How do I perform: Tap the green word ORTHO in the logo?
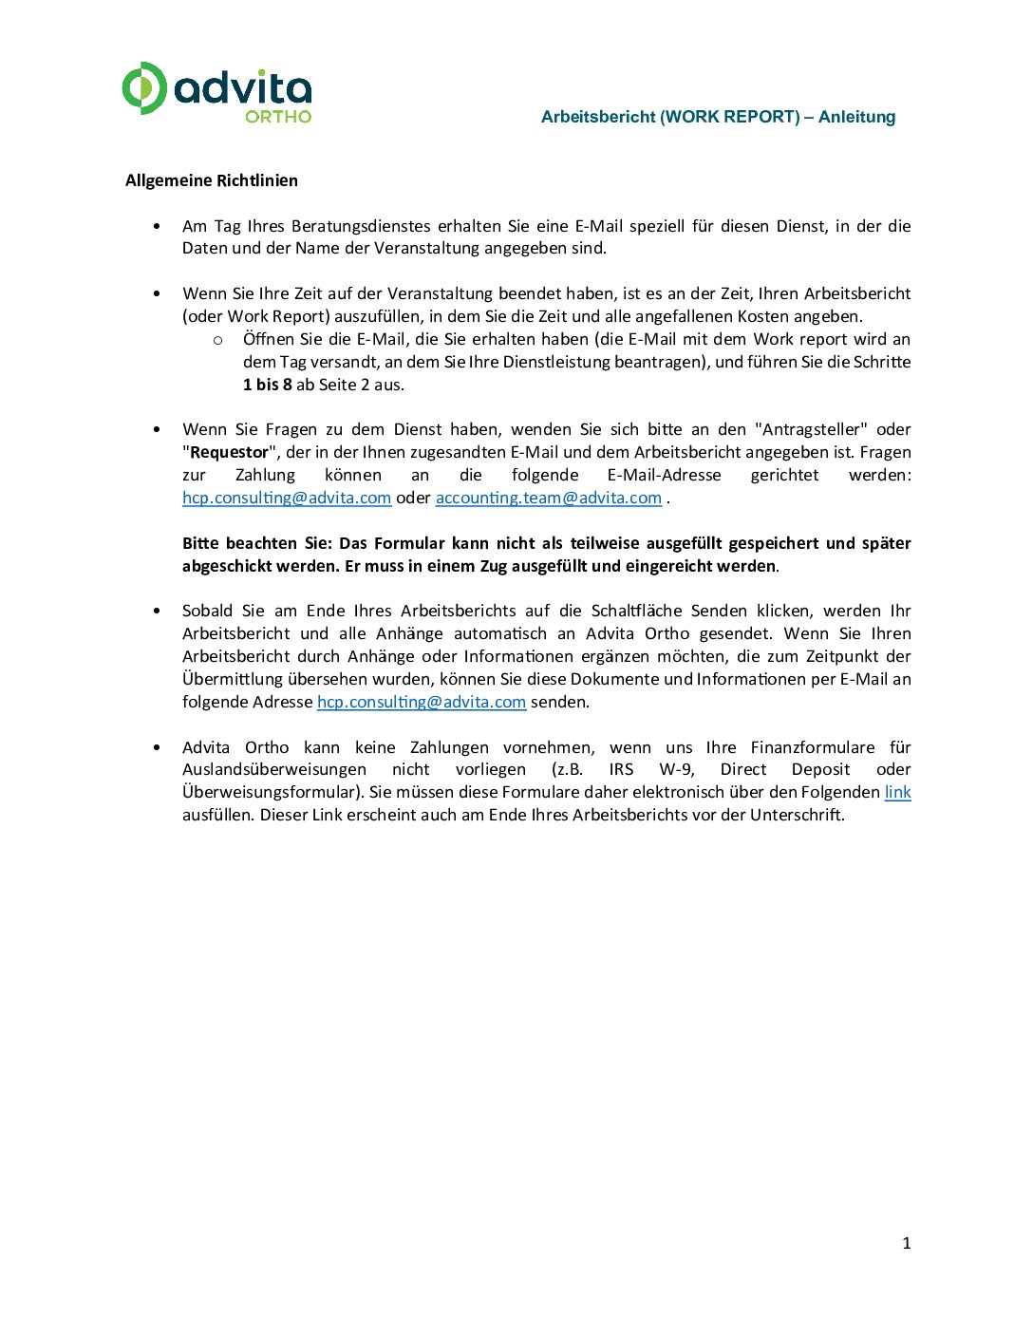point(278,116)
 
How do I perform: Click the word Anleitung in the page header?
point(856,117)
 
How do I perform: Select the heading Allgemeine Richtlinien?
point(212,180)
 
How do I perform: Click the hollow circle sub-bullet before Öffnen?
point(217,340)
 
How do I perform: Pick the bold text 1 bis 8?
point(268,385)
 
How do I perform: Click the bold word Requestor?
point(230,452)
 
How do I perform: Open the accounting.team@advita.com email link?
point(548,498)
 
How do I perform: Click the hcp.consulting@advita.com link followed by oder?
point(287,498)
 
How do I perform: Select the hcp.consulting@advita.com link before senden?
point(421,702)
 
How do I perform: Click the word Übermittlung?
point(234,679)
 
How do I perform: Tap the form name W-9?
point(676,769)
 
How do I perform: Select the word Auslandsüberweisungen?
point(274,769)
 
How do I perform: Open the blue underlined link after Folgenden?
point(897,792)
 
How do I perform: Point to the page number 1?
point(906,1243)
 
